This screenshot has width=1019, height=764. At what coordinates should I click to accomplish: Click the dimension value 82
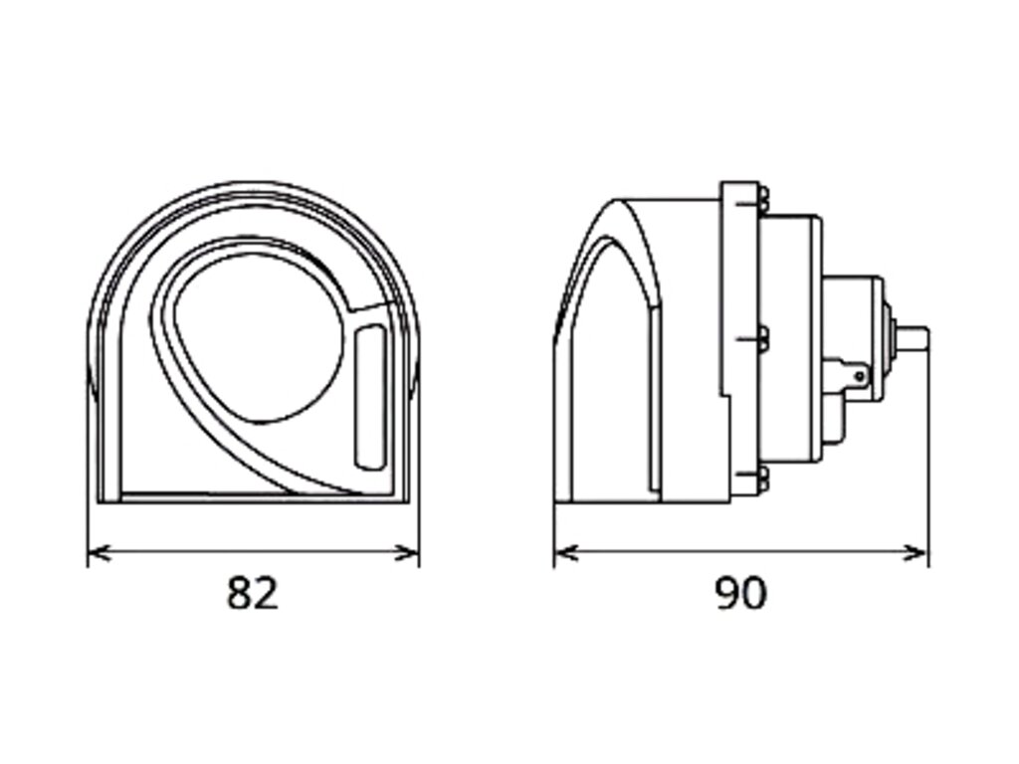click(252, 593)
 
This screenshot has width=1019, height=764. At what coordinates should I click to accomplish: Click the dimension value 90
click(740, 593)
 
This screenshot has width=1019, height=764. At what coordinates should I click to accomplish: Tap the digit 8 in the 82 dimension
click(239, 593)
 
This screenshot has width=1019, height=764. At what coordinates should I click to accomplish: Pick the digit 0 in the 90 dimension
click(754, 593)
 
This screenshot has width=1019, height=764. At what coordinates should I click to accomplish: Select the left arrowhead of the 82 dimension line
click(98, 553)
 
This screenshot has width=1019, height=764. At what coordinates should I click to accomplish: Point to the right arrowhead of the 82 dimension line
click(408, 553)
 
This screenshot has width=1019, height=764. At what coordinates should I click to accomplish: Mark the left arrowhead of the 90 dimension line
click(566, 553)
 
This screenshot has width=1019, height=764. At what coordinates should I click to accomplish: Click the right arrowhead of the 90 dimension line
click(916, 553)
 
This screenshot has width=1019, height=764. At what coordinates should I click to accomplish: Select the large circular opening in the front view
click(260, 342)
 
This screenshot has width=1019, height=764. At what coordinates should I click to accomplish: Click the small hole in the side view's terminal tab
click(859, 375)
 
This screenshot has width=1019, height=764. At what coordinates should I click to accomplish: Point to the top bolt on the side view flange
click(762, 200)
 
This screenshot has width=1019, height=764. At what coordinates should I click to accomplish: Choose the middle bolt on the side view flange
click(762, 340)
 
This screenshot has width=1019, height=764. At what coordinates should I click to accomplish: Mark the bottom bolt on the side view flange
click(762, 479)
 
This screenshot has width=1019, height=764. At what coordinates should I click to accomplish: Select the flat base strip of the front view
click(255, 497)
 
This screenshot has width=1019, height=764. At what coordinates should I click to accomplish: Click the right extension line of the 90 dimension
click(928, 449)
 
